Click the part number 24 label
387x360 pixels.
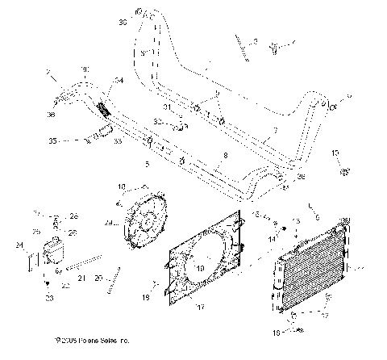tap(19, 244)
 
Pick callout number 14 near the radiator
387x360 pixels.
tap(272, 239)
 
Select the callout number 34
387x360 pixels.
tap(119, 80)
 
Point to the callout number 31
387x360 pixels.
tap(167, 107)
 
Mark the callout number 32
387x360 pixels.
tap(159, 122)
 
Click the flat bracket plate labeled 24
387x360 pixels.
tap(32, 261)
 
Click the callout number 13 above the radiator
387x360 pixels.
tap(298, 220)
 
